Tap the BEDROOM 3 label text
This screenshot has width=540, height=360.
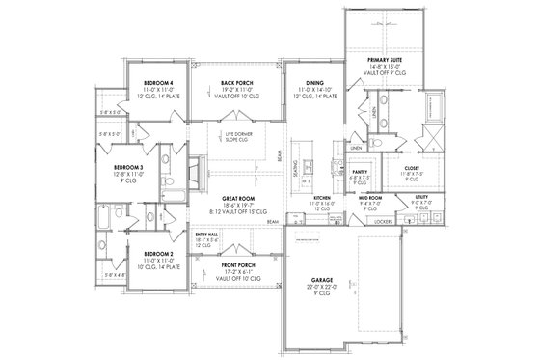[128, 167]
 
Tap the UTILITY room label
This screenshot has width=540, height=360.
[420, 197]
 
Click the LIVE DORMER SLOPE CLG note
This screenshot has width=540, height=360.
[238, 134]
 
